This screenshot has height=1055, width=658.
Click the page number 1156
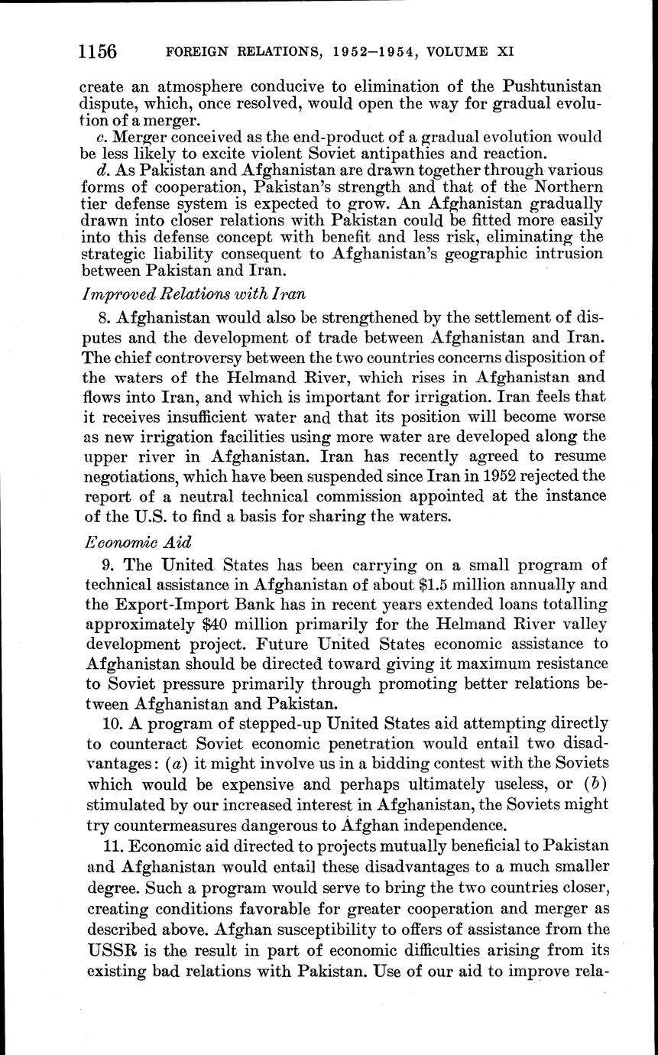pyautogui.click(x=98, y=52)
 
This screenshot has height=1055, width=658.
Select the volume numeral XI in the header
pyautogui.click(x=504, y=53)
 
